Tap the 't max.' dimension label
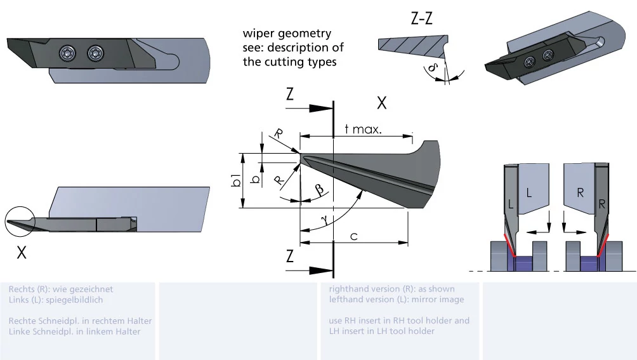point(362,130)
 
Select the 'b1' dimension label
point(235,180)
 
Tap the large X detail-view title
point(381,103)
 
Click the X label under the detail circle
point(22,252)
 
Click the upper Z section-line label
point(290,95)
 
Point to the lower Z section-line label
point(290,257)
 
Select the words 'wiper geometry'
point(287,34)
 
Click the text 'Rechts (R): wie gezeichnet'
point(61,289)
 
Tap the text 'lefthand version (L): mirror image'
point(397,299)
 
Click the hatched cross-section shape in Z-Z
point(409,46)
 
